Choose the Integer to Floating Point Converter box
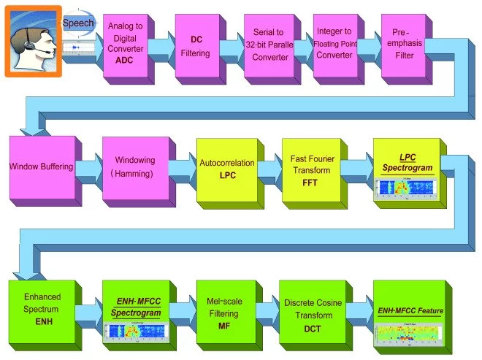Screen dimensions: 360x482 [x=334, y=45]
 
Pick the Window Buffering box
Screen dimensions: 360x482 [x=42, y=167]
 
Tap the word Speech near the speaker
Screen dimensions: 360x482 [x=77, y=23]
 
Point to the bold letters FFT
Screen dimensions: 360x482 [x=310, y=183]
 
